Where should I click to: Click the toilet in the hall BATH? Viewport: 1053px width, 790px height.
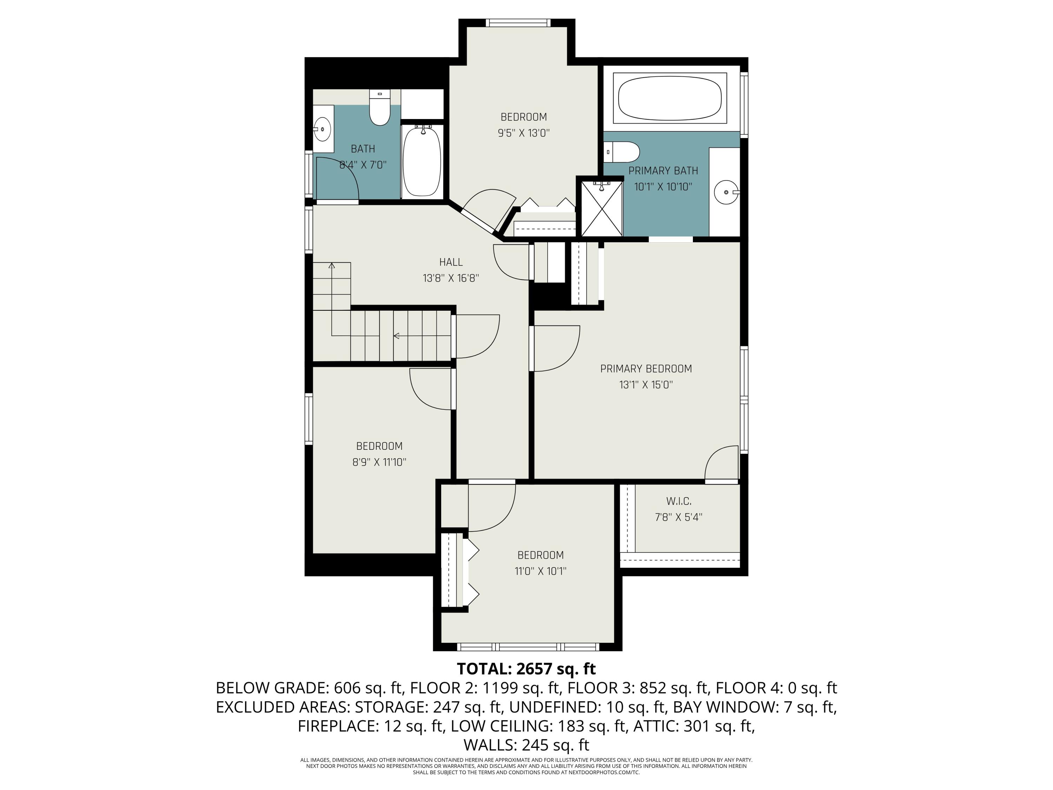(379, 110)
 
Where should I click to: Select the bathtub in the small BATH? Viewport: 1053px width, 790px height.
(422, 161)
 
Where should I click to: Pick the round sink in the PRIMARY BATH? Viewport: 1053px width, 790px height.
(726, 192)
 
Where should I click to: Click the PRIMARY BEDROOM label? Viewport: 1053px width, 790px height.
(645, 369)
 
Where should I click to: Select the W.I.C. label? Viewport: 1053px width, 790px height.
(678, 501)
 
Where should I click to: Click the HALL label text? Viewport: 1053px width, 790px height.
(450, 262)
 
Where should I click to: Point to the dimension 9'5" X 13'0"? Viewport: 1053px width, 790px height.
(523, 133)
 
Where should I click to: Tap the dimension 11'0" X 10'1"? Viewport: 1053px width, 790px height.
(540, 571)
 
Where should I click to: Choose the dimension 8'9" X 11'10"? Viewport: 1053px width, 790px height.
(379, 462)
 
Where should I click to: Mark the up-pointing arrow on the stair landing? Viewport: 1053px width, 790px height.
(332, 265)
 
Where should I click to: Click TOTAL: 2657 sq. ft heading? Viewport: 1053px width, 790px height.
(526, 669)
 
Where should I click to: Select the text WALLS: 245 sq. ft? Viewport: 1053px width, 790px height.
(526, 745)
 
